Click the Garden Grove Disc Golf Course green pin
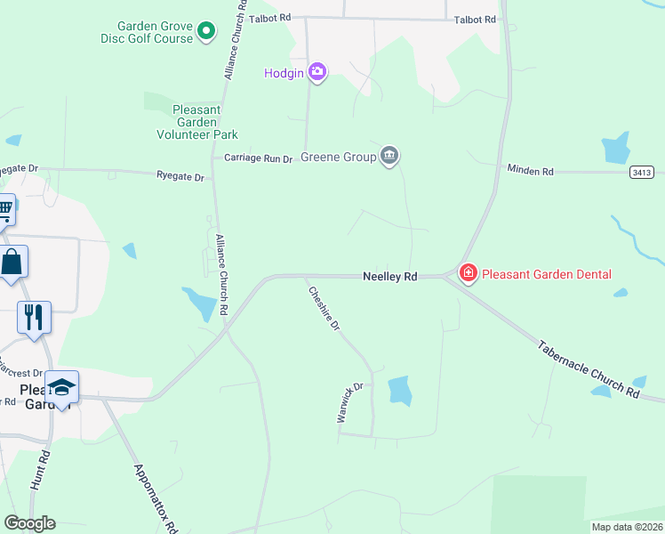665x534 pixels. click(x=206, y=33)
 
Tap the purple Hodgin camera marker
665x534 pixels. click(x=317, y=72)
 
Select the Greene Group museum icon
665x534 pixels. click(x=389, y=157)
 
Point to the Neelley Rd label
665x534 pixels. click(x=390, y=277)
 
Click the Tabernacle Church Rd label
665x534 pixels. click(x=589, y=368)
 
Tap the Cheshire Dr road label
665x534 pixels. click(x=324, y=309)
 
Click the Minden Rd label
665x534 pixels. click(x=531, y=169)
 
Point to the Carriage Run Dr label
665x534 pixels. click(x=258, y=158)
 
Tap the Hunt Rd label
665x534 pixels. click(x=40, y=470)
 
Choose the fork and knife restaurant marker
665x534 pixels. click(x=34, y=318)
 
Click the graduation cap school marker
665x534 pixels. click(x=61, y=387)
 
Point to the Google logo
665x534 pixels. click(x=29, y=523)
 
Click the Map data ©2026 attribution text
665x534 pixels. click(x=627, y=527)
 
